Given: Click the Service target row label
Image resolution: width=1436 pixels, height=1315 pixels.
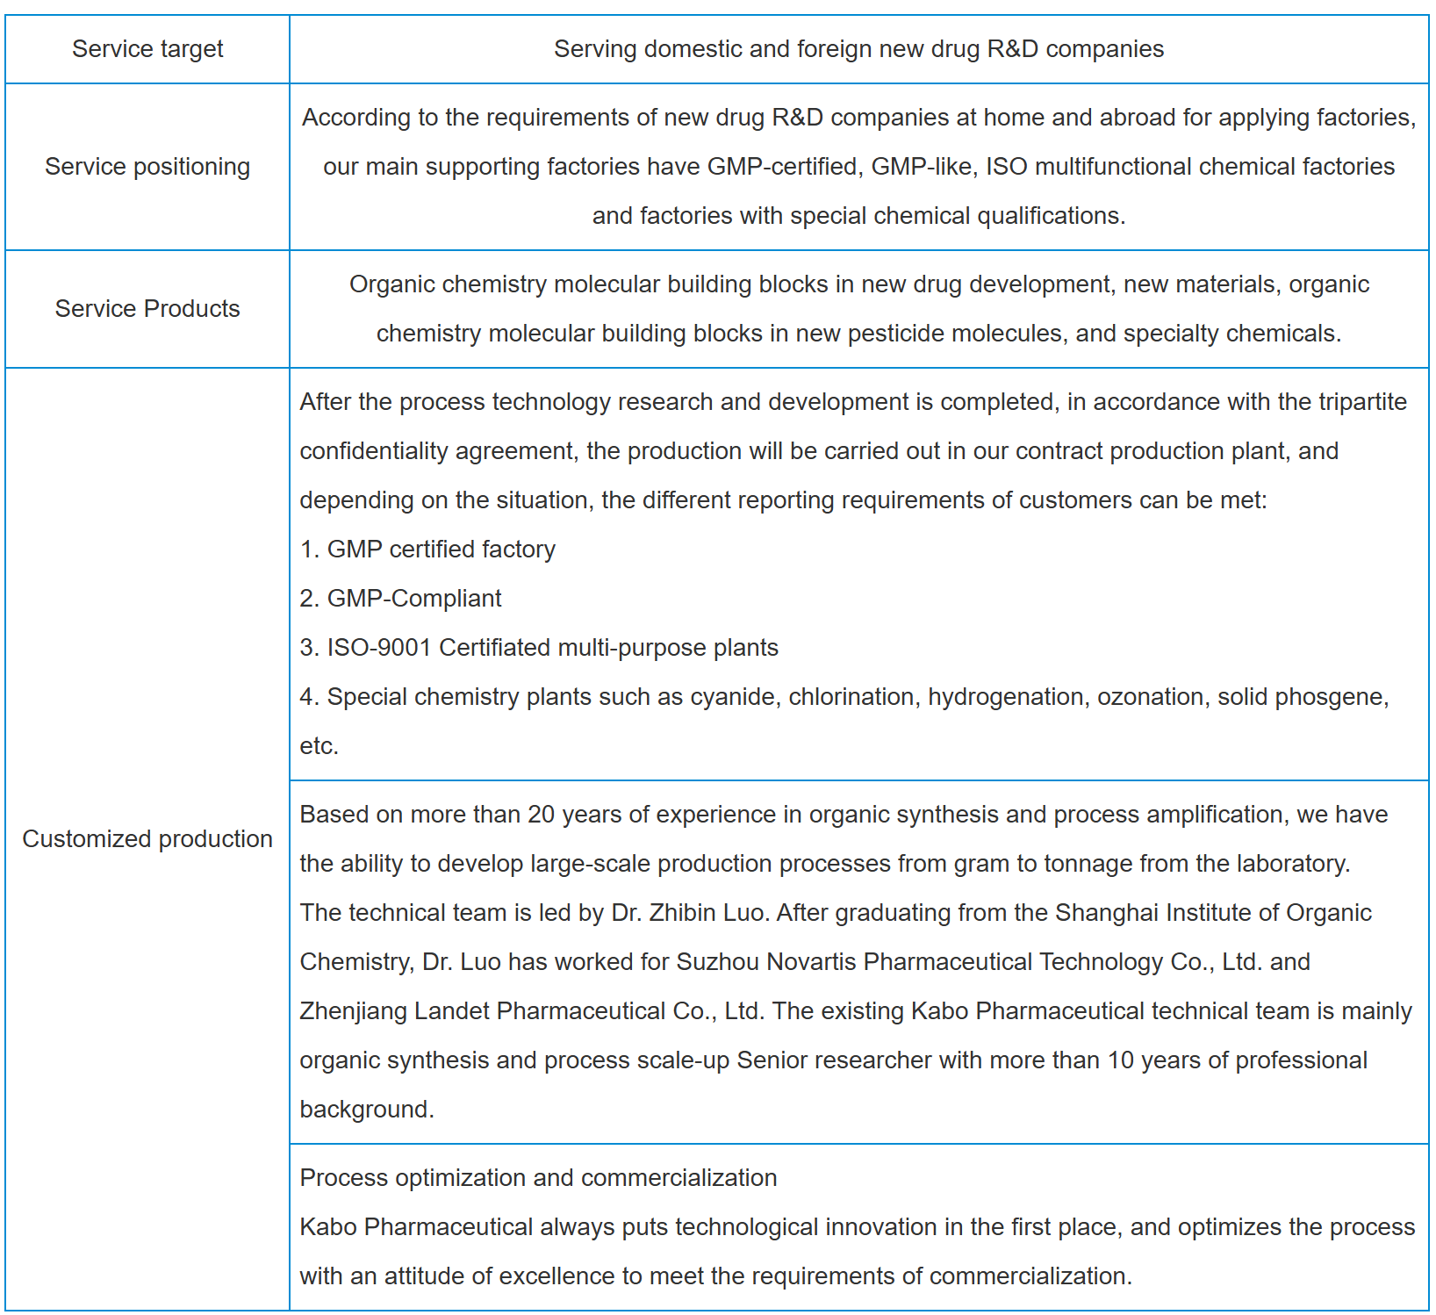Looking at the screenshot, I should [147, 49].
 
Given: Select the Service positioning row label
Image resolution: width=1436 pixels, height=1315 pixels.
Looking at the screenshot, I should [147, 167].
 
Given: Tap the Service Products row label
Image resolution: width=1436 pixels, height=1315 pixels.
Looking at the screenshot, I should [147, 309].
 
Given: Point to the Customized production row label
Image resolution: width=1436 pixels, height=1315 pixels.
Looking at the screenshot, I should [147, 839].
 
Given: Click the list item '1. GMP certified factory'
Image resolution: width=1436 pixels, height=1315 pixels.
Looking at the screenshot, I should [427, 550].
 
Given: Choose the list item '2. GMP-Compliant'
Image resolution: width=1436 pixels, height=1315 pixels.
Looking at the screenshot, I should [400, 599].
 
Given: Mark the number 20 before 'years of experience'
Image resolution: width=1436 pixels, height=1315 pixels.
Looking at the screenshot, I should [541, 815].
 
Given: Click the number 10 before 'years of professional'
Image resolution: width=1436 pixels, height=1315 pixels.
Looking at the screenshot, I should [1121, 1060].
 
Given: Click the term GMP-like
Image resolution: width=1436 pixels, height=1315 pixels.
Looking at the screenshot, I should [922, 167].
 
